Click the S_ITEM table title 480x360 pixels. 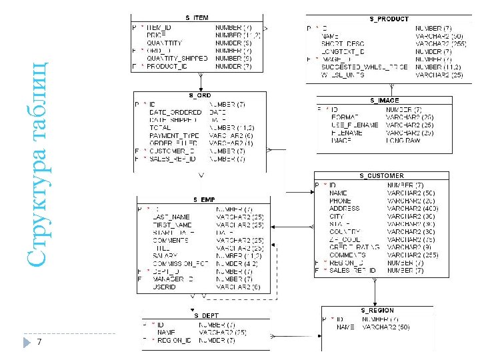(197, 17)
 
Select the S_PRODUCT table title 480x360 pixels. (389, 19)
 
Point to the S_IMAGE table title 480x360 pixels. (385, 100)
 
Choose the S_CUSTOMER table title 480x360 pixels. (381, 176)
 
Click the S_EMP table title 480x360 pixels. (203, 199)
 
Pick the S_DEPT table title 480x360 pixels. (205, 315)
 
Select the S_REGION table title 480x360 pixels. (377, 311)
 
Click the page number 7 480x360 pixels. (40, 342)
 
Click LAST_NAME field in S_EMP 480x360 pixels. (171, 217)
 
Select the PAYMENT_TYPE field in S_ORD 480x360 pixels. (174, 135)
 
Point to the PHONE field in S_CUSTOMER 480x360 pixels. (340, 201)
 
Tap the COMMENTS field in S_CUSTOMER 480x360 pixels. (347, 255)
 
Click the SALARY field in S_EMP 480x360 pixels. (165, 255)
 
